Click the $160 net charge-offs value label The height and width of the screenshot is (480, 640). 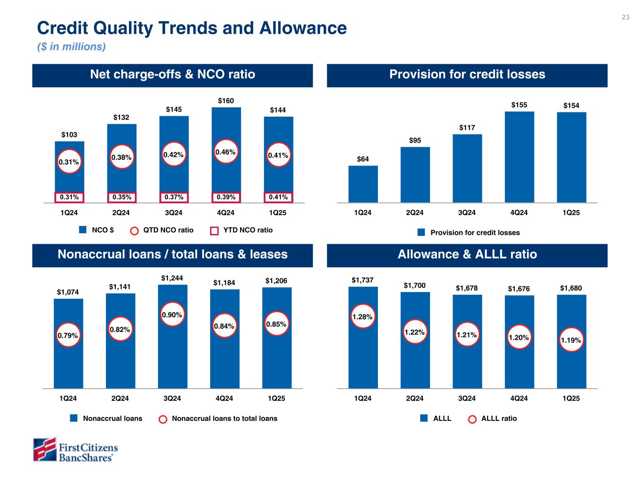(226, 101)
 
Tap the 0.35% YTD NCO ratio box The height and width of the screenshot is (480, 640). (121, 197)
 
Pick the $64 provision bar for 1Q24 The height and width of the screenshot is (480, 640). (363, 184)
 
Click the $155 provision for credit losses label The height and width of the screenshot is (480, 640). (519, 105)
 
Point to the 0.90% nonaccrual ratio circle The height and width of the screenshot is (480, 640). (172, 316)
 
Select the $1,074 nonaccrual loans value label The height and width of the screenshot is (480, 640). (68, 292)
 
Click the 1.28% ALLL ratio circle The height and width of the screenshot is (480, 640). (362, 317)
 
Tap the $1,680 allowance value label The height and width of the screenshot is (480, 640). (571, 288)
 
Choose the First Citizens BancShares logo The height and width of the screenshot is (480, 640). (75, 450)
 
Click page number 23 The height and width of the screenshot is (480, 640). (625, 17)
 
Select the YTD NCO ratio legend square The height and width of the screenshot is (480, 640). (214, 231)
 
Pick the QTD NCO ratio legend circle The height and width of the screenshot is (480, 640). (135, 231)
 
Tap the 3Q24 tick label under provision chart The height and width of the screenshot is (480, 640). (467, 213)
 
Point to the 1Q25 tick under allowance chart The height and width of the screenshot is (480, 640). (571, 399)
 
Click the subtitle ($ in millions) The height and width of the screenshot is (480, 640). (71, 47)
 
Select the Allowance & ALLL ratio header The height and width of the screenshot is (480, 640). (467, 255)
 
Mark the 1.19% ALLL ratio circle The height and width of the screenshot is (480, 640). (571, 341)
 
